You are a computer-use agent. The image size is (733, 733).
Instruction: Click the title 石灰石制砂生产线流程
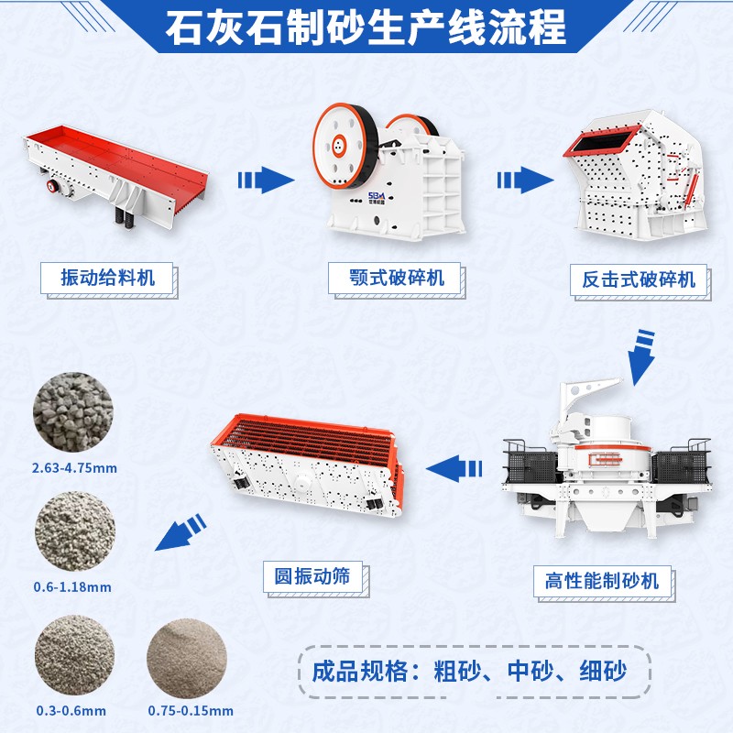pos(366,27)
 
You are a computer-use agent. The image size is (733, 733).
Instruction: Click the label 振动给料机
pos(107,278)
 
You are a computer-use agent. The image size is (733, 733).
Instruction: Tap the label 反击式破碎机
pos(638,278)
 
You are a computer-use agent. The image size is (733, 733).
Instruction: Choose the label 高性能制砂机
pos(602,581)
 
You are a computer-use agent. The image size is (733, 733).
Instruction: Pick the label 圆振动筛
pos(312,576)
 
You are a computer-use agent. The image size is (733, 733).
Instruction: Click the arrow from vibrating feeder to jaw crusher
pos(264,180)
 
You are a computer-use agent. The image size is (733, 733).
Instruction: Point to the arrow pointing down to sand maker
pos(640,353)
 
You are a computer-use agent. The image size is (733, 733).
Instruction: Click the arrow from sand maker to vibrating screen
pos(454,468)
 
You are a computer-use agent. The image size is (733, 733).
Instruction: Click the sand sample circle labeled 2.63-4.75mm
pos(74,410)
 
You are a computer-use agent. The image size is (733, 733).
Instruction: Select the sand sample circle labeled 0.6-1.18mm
pos(74,532)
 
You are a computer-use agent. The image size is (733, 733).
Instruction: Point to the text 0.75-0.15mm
pos(191,710)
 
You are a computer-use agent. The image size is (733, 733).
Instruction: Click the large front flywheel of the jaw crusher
pos(339,143)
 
